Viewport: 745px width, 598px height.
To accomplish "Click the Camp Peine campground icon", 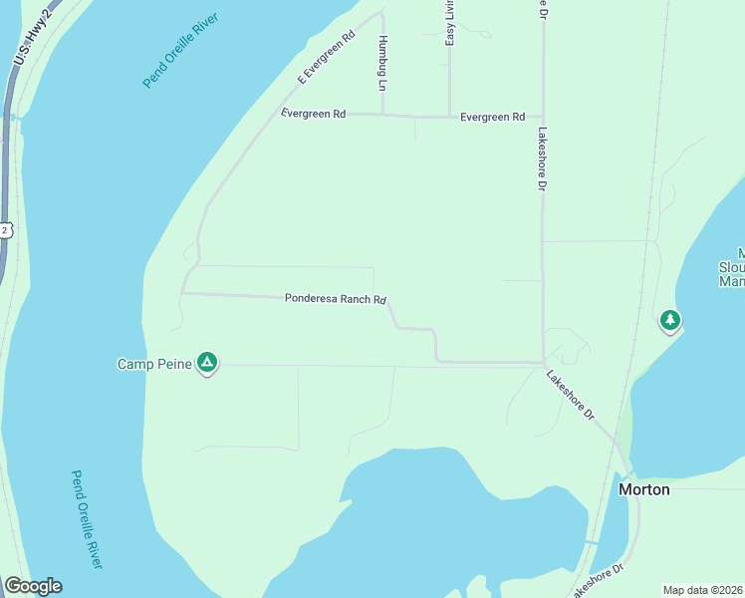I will pyautogui.click(x=207, y=363).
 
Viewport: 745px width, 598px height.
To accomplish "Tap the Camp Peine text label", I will pyautogui.click(x=154, y=364).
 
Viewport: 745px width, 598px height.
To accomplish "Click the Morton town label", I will pyautogui.click(x=643, y=489).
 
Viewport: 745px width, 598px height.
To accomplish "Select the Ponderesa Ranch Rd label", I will pyautogui.click(x=335, y=298).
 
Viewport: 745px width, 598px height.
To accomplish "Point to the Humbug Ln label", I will pyautogui.click(x=381, y=63).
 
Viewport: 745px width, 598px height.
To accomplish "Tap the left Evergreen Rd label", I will pyautogui.click(x=313, y=114).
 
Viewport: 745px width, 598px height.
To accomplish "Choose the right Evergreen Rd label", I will pyautogui.click(x=492, y=118).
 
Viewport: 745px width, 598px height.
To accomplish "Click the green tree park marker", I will pyautogui.click(x=671, y=320).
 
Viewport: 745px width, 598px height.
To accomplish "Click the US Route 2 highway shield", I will pyautogui.click(x=5, y=230).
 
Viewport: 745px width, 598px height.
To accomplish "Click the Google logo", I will pyautogui.click(x=33, y=586).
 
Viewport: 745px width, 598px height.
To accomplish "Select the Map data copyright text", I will pyautogui.click(x=702, y=589).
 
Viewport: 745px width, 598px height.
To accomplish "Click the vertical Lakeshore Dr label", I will pyautogui.click(x=543, y=158).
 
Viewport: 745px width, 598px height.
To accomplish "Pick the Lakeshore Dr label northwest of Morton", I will pyautogui.click(x=570, y=393).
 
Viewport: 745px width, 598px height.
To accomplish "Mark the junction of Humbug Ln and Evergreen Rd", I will pyautogui.click(x=383, y=115).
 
